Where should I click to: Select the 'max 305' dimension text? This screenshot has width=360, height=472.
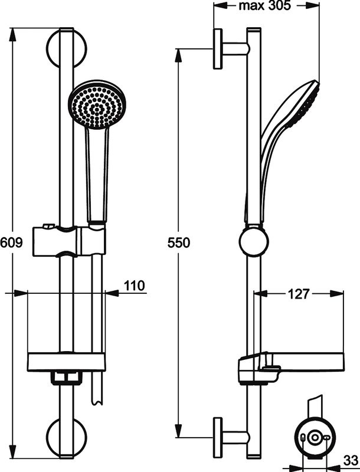pos(262,6)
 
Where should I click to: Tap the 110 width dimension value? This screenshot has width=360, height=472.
pos(134,286)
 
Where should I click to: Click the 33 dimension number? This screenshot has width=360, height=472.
pos(351,459)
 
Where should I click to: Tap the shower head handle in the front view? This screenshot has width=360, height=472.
pos(96,177)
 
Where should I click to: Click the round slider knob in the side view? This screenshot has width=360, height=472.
pos(254,242)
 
